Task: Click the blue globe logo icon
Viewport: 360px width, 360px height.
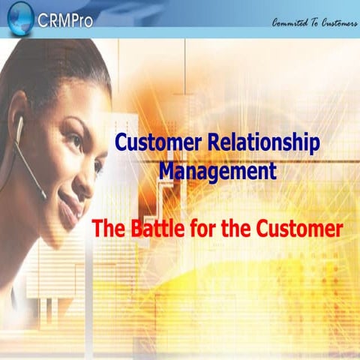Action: [18, 17]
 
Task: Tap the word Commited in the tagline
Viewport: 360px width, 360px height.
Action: [290, 22]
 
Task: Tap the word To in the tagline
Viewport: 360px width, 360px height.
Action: [310, 22]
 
